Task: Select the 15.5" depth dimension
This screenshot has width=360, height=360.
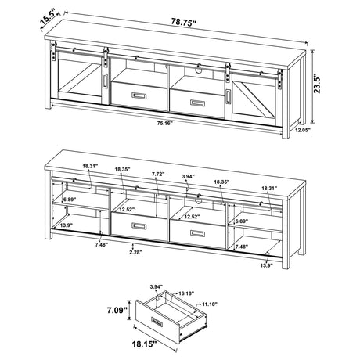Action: (x=28, y=14)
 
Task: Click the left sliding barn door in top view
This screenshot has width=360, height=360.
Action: (x=77, y=81)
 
